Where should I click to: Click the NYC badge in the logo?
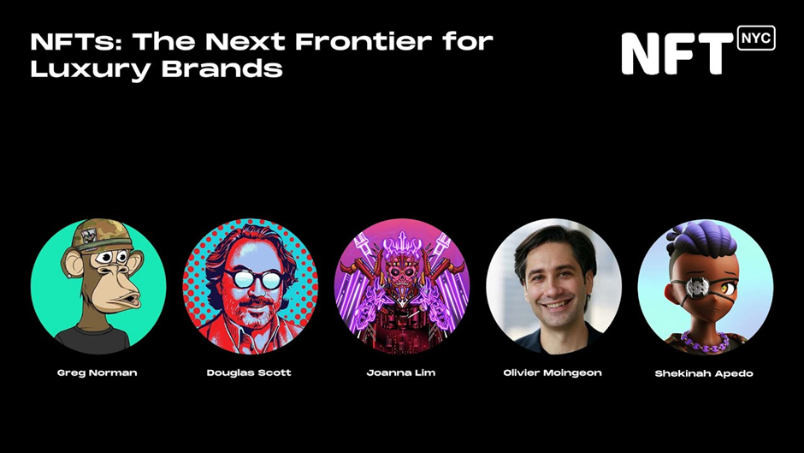756,38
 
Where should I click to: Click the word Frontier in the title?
363,41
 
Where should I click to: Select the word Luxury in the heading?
92,69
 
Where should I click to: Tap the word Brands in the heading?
222,69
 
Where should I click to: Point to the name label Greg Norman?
97,373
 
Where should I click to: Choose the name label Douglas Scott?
249,373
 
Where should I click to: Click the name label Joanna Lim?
401,373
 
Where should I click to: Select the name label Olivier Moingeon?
553,373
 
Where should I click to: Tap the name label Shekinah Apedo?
704,373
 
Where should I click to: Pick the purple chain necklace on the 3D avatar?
706,343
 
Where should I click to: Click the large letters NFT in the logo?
677,54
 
